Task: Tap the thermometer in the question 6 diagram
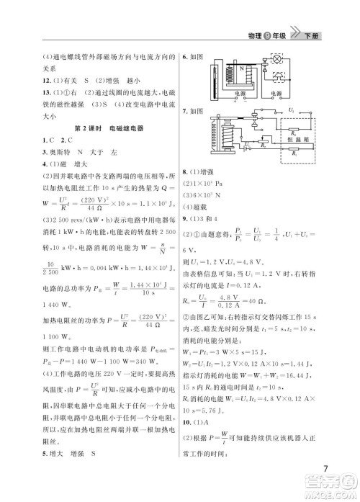[x=214, y=79]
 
